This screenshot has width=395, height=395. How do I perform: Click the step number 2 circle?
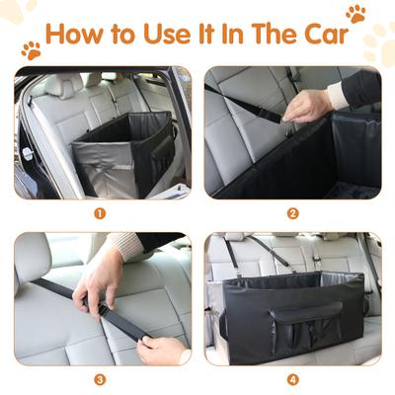pos(292,211)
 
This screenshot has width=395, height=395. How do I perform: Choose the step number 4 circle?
pos(292,378)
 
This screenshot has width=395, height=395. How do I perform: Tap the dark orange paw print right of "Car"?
pos(355,14)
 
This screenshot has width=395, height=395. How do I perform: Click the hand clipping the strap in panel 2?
pos(306,105)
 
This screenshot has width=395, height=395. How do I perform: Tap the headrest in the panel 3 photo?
pos(33,256)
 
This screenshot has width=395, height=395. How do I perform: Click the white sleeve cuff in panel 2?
pos(337,95)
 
